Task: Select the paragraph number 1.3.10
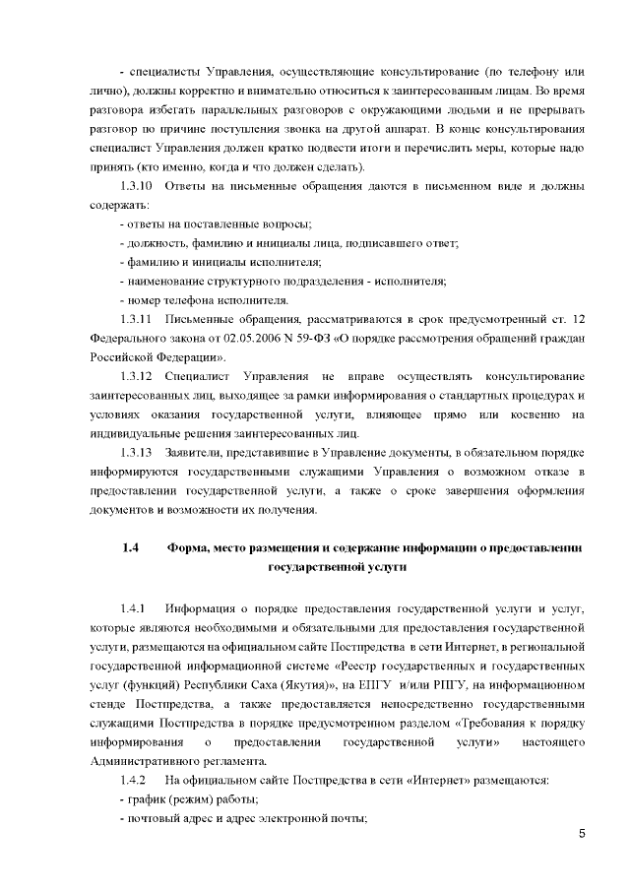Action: tap(138, 187)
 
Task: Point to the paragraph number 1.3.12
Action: tap(138, 376)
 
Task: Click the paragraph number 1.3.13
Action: tap(138, 452)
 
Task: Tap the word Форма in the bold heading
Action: tap(190, 547)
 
